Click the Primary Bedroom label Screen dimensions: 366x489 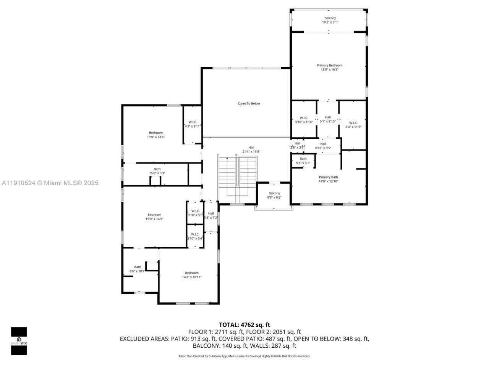(x=329, y=66)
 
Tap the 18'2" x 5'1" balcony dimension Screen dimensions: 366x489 (x=330, y=22)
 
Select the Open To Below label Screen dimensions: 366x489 (x=249, y=104)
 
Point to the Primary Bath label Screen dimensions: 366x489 (x=328, y=177)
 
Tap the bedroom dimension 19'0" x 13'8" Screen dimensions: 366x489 (x=155, y=137)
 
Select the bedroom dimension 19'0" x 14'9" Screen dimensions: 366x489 (x=154, y=219)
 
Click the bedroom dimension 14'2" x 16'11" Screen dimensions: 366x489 (x=191, y=277)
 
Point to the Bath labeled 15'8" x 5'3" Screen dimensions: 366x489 (x=157, y=171)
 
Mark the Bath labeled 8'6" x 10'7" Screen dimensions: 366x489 (x=137, y=269)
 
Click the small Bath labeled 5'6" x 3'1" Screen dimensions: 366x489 (x=303, y=161)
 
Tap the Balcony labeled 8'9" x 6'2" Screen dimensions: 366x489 (x=274, y=195)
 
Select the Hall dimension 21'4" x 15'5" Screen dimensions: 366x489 (x=251, y=152)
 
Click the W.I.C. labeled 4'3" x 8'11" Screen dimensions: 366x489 (x=193, y=124)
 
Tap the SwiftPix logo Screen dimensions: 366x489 (x=19, y=341)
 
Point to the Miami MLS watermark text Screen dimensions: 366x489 (x=50, y=183)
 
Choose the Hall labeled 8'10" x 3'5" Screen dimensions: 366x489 (x=323, y=146)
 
